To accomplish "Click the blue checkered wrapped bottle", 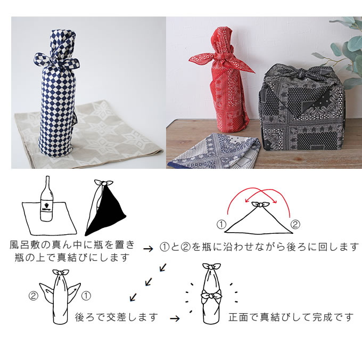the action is (x=57, y=95).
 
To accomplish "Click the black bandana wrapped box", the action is (x=302, y=109).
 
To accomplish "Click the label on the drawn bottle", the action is (x=46, y=206).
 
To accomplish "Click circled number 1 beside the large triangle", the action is (x=221, y=224).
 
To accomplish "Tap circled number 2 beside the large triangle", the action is (x=295, y=224).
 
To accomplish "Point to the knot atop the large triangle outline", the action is (x=260, y=204).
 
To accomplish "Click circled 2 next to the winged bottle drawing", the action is (x=33, y=296).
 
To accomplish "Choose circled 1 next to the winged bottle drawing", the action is (x=86, y=296).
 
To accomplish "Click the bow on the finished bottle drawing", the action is (x=211, y=296).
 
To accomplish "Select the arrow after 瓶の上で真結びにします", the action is (x=148, y=249).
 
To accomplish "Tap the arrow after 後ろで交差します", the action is (x=175, y=319).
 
